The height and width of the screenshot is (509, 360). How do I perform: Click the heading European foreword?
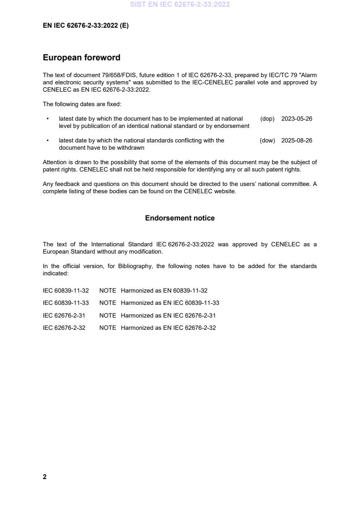click(x=81, y=58)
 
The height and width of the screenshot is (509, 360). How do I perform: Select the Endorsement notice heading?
click(x=180, y=218)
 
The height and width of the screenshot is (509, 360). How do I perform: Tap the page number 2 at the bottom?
click(x=44, y=476)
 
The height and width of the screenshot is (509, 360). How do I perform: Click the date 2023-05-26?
click(x=296, y=119)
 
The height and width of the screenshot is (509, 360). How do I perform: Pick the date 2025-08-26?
click(x=296, y=141)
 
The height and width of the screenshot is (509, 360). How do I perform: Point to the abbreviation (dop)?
click(x=267, y=119)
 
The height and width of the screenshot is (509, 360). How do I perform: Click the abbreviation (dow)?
click(x=267, y=141)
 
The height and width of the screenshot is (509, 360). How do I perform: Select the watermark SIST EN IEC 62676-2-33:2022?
click(x=180, y=5)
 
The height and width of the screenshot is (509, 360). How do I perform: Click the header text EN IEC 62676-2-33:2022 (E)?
click(x=85, y=26)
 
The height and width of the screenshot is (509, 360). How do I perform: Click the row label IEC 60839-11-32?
click(x=65, y=291)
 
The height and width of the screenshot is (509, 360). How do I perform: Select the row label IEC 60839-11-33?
click(x=65, y=303)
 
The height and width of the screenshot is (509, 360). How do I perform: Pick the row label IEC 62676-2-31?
click(x=64, y=315)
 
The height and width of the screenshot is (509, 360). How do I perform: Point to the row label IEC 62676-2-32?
click(x=64, y=328)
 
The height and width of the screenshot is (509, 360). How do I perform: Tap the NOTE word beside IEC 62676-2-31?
click(x=108, y=315)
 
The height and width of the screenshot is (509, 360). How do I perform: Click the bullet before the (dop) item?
click(x=48, y=119)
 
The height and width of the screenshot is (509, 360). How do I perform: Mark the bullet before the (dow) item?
click(x=48, y=141)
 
